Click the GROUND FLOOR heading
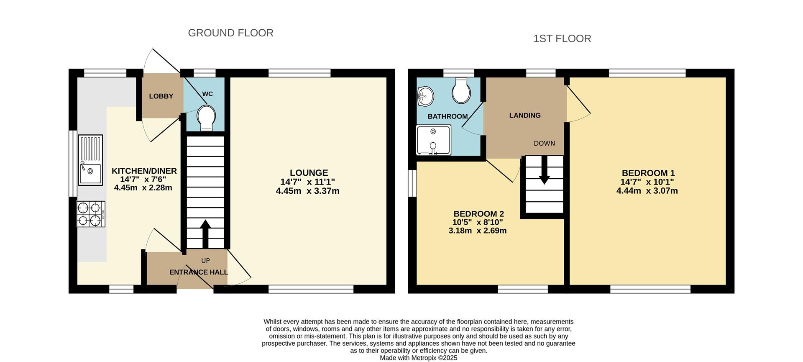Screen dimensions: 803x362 point(230,33)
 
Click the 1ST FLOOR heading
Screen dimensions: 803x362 point(562,39)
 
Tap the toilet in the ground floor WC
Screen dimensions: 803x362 point(207,118)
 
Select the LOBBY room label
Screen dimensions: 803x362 point(161,96)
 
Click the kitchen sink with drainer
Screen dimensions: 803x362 point(90,160)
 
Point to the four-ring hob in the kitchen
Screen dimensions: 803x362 point(91,214)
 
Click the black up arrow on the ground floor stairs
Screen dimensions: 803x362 point(205,234)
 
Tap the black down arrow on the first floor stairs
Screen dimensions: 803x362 point(544,170)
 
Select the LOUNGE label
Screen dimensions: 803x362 point(309,173)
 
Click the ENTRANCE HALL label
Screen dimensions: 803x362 point(199,272)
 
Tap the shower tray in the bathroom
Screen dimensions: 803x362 point(434,140)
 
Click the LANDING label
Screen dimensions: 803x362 point(525,116)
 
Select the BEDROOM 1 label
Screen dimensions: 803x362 point(648,173)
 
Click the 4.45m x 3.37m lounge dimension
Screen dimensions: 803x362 point(307,191)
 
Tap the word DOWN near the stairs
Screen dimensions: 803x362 point(544,144)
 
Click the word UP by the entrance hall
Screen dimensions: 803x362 point(205,261)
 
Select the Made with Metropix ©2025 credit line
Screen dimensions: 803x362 point(419,358)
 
